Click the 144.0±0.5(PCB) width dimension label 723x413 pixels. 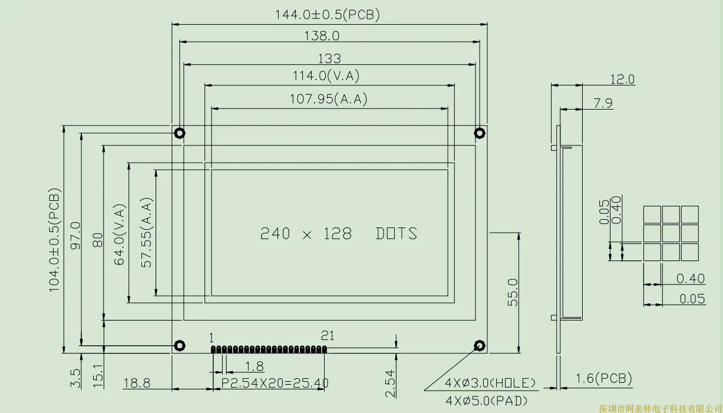(x=327, y=15)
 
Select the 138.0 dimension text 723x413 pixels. (x=322, y=36)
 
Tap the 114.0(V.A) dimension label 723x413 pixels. (x=326, y=76)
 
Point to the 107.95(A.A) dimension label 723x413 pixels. (x=328, y=99)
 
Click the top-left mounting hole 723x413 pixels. (x=180, y=133)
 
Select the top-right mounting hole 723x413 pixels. (x=480, y=133)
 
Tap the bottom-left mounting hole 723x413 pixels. (x=180, y=346)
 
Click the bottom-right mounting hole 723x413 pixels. (x=480, y=346)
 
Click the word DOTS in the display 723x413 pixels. (x=397, y=233)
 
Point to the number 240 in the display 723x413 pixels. (x=275, y=233)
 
